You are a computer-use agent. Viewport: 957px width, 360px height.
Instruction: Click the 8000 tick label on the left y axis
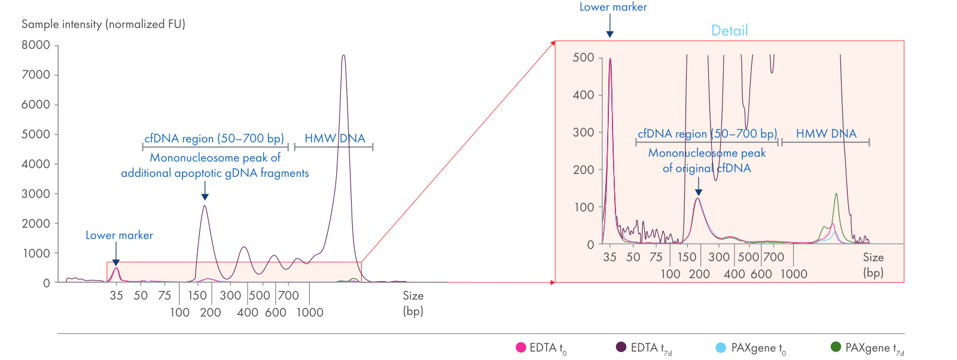pos(36,45)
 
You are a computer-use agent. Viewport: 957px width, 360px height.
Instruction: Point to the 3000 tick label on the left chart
pos(36,194)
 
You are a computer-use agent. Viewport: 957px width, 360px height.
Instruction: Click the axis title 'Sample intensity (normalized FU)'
pos(103,24)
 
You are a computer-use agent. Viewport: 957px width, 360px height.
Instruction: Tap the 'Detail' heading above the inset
pos(729,30)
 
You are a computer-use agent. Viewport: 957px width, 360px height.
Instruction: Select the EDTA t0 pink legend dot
pos(520,347)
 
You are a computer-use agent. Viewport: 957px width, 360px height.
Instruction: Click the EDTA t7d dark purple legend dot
pos(621,347)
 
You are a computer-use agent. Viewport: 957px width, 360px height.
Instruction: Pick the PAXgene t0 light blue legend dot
pos(721,347)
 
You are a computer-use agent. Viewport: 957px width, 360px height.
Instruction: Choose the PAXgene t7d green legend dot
pos(836,347)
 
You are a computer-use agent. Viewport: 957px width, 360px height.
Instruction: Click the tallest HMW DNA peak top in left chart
pos(343,56)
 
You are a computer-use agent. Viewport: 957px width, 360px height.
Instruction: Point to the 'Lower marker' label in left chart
pos(119,236)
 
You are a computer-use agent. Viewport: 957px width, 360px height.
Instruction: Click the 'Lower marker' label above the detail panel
pos(612,7)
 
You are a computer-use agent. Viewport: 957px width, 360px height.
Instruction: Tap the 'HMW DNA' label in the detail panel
pos(825,134)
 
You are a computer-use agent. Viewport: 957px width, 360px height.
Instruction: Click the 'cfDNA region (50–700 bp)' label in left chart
pos(214,139)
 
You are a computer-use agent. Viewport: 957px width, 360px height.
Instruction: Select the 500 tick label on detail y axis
pos(583,58)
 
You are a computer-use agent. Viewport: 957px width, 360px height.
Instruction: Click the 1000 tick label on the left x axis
pos(310,312)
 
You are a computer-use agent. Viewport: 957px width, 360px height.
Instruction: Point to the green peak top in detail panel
pos(836,194)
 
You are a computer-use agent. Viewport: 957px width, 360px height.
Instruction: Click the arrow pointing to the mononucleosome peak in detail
pos(698,189)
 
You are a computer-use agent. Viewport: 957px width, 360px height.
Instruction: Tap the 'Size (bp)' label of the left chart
pos(413,303)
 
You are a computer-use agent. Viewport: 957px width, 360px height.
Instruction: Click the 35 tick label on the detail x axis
pos(609,257)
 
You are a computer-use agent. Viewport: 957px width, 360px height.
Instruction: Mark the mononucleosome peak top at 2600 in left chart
pos(205,206)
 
